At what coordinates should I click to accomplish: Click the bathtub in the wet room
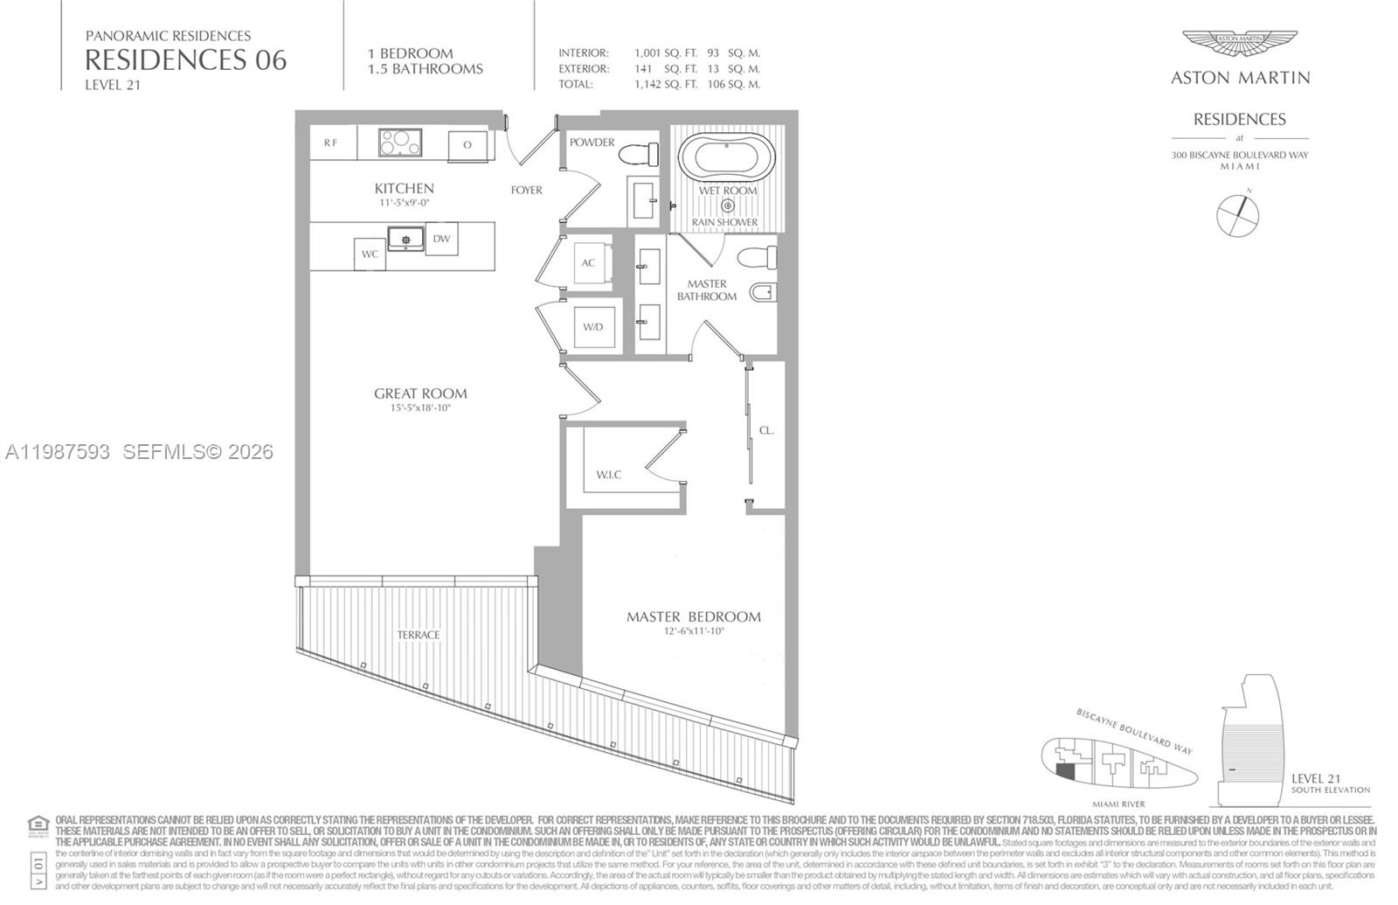click(x=727, y=157)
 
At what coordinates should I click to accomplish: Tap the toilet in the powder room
click(x=640, y=154)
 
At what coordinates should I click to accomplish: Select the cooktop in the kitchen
click(x=400, y=143)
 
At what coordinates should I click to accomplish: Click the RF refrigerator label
click(x=331, y=143)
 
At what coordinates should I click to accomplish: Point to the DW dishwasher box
click(x=441, y=238)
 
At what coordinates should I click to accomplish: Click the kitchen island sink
click(x=405, y=238)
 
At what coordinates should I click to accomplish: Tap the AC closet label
click(x=588, y=262)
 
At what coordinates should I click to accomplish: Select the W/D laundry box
click(x=593, y=327)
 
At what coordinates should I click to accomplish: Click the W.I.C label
click(x=609, y=475)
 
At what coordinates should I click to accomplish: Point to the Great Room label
click(x=420, y=393)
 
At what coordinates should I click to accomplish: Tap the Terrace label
click(x=419, y=635)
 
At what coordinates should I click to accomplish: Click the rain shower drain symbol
click(x=727, y=206)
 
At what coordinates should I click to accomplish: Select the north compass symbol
click(x=1238, y=214)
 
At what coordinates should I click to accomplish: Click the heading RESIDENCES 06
click(x=185, y=59)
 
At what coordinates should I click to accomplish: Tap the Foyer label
click(x=527, y=190)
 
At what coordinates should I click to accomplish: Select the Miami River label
click(x=1118, y=804)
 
